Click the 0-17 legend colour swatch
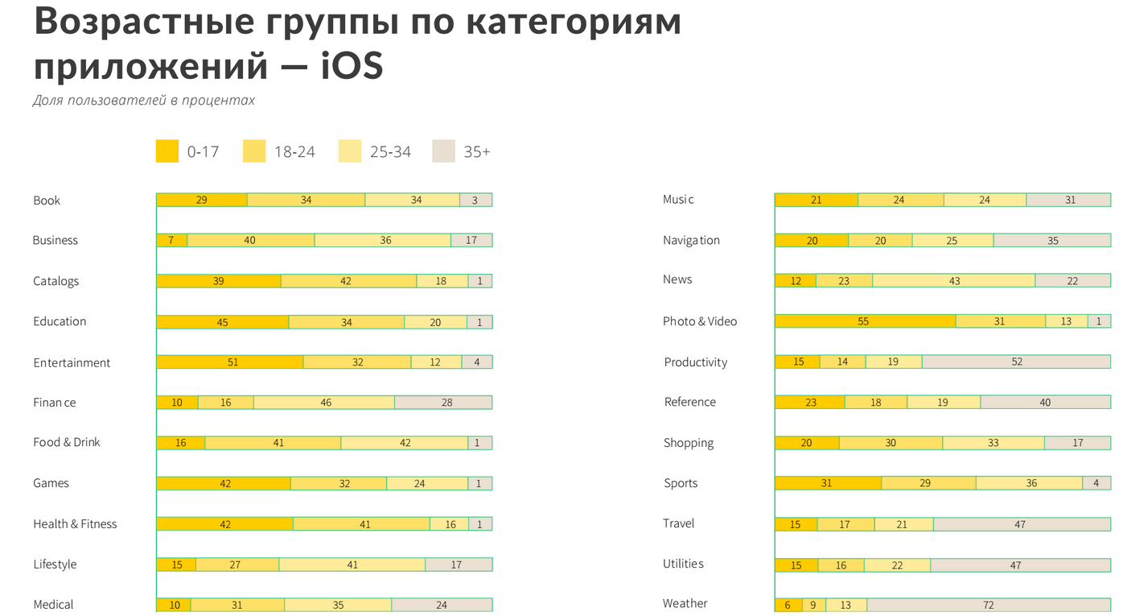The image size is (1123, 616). pyautogui.click(x=167, y=151)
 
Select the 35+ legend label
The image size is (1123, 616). pyautogui.click(x=476, y=151)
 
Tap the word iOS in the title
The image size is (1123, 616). pyautogui.click(x=352, y=66)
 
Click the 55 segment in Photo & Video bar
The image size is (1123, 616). pyautogui.click(x=865, y=321)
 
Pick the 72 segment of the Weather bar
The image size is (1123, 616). pyautogui.click(x=988, y=606)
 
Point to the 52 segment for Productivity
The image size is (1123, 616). pyautogui.click(x=1016, y=362)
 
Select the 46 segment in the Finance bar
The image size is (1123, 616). pyautogui.click(x=324, y=403)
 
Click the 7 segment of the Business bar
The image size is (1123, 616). pyautogui.click(x=171, y=240)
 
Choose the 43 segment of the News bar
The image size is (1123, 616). pyautogui.click(x=953, y=280)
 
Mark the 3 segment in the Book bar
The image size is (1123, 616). pyautogui.click(x=475, y=200)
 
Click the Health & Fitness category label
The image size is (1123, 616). pyautogui.click(x=75, y=524)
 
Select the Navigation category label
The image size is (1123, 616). pyautogui.click(x=691, y=240)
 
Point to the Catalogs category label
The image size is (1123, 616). pyautogui.click(x=56, y=281)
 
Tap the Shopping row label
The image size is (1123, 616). pyautogui.click(x=688, y=443)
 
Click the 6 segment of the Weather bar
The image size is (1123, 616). pyautogui.click(x=788, y=606)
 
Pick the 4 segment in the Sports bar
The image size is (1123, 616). pyautogui.click(x=1096, y=483)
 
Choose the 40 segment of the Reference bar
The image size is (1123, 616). pyautogui.click(x=1045, y=403)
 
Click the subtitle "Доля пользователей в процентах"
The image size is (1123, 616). pyautogui.click(x=144, y=101)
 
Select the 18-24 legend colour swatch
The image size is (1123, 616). pyautogui.click(x=254, y=151)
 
